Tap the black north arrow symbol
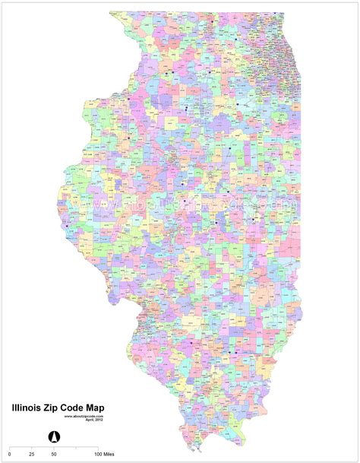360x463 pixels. click(55, 436)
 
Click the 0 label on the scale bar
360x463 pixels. click(10, 453)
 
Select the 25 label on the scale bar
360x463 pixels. click(32, 453)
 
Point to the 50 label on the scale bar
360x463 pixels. click(54, 453)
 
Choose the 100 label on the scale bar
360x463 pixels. click(97, 453)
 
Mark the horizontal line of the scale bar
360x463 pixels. click(53, 446)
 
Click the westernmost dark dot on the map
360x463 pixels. click(68, 225)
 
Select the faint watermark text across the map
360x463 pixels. click(197, 204)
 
